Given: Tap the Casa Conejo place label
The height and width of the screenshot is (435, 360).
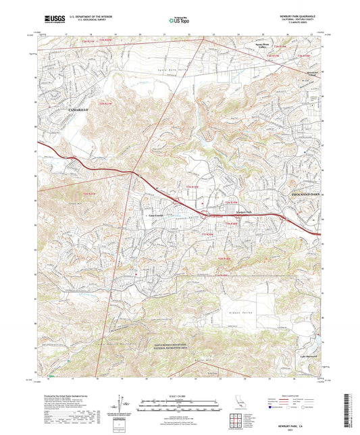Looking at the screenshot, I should pos(153,215).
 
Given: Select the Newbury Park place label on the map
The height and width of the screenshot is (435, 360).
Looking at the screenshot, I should pos(234,211).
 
